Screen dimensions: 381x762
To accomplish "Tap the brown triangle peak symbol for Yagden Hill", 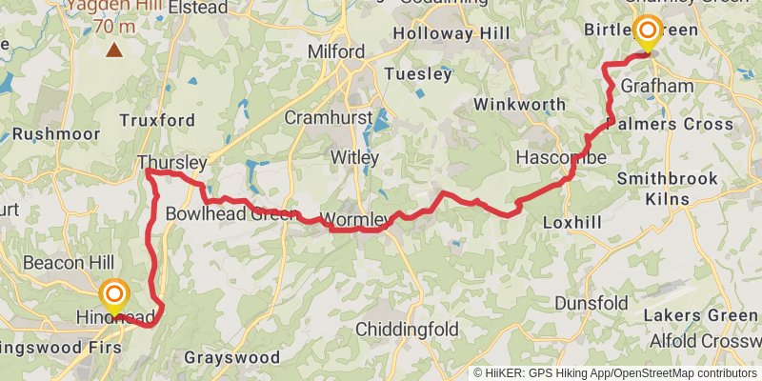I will [x=114, y=50].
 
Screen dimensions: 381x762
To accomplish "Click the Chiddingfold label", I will [x=411, y=330].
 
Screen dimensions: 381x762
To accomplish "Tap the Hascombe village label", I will [x=560, y=156].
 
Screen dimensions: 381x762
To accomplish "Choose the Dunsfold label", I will [x=591, y=304].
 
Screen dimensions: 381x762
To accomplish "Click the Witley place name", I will [x=353, y=157].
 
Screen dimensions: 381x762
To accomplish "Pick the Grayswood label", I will [x=232, y=358].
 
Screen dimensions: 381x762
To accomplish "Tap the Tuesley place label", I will [x=417, y=74].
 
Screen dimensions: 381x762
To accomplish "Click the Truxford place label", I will [x=157, y=120].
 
